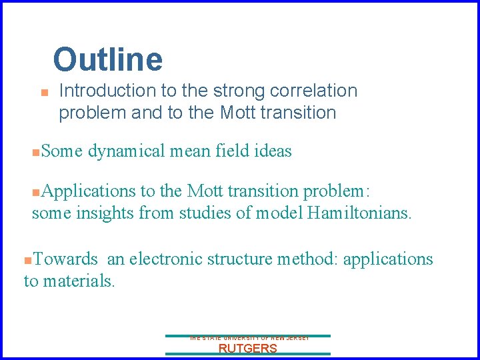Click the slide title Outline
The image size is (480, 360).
pos(107,59)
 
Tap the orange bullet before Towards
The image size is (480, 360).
pos(27,260)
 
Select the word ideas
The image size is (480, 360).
pos(273,152)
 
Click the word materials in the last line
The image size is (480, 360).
pos(79,281)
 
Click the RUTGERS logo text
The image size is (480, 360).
pos(247,349)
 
